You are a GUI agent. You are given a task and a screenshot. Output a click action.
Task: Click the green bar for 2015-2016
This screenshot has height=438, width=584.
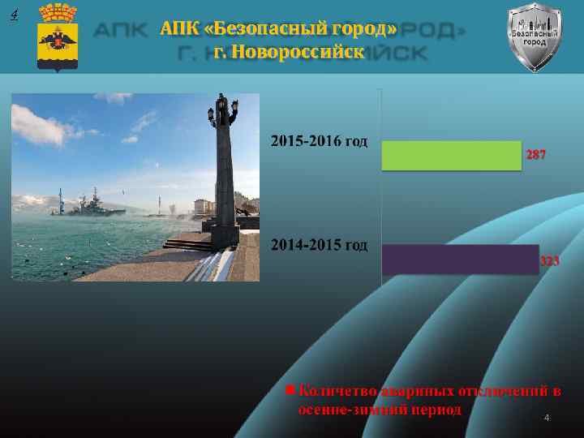(450, 156)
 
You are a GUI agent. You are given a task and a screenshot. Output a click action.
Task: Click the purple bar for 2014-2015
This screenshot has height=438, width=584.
(459, 259)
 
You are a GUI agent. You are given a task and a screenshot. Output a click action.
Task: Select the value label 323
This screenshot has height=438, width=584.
(550, 261)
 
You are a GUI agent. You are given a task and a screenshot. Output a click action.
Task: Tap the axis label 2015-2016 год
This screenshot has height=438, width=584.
(319, 142)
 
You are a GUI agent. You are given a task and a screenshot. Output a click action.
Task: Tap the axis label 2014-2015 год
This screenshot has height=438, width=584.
(319, 243)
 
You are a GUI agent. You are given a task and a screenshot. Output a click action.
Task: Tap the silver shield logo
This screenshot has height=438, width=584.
(534, 36)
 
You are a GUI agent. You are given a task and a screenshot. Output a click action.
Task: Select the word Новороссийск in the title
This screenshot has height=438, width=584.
(301, 52)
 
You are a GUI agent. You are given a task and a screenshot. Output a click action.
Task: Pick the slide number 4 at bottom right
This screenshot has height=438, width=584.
(547, 418)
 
